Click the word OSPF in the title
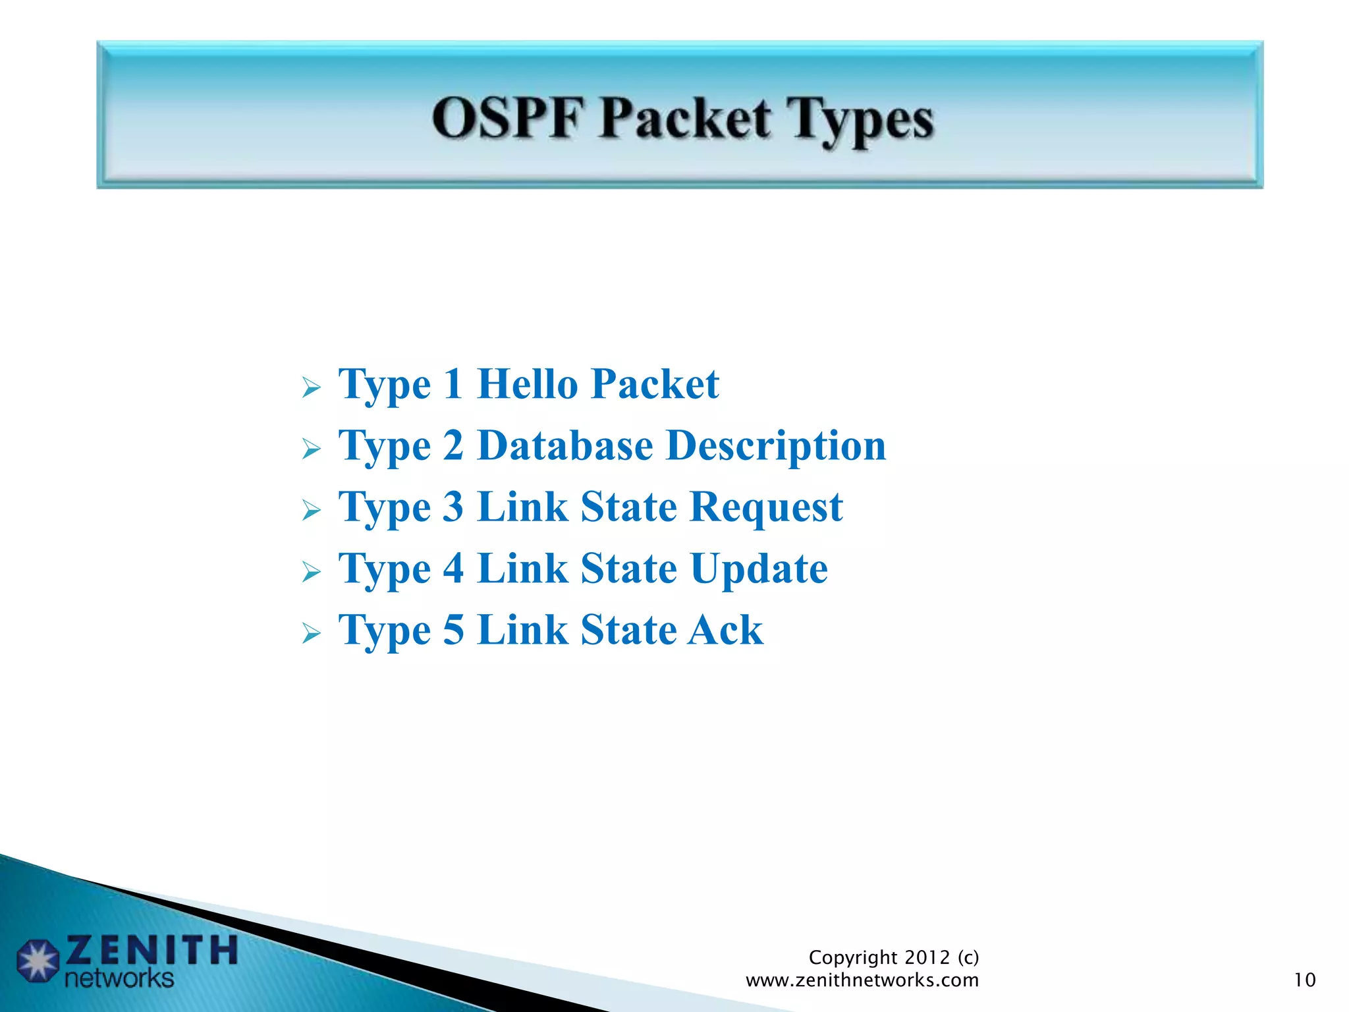(508, 119)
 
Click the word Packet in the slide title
(684, 119)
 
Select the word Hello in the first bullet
(528, 383)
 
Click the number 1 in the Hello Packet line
(453, 383)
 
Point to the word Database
(565, 445)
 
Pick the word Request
(767, 508)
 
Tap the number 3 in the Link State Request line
(453, 507)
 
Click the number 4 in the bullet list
(453, 568)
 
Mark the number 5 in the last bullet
(453, 630)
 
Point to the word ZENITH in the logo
(151, 950)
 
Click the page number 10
(1304, 980)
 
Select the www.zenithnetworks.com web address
(862, 980)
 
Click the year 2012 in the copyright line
(927, 957)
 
